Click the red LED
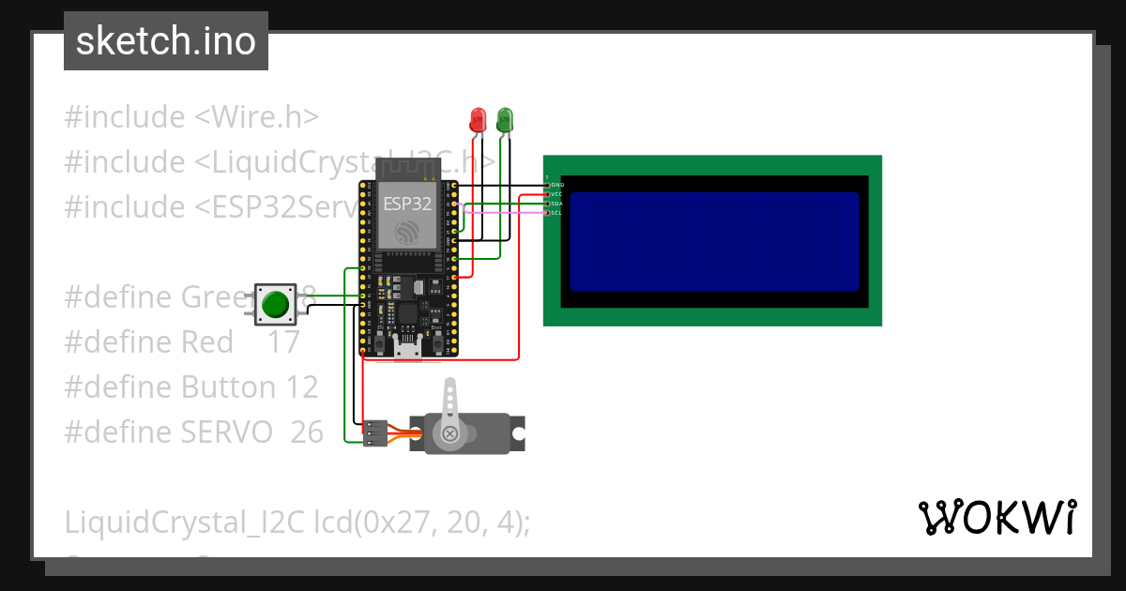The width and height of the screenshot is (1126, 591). (x=478, y=119)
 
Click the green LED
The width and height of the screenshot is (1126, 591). (x=505, y=118)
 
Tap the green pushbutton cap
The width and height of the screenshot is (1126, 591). (x=275, y=304)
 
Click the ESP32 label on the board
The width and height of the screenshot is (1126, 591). (x=407, y=203)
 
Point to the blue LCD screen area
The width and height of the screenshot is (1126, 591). (x=714, y=242)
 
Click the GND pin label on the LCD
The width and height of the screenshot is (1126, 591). (x=556, y=185)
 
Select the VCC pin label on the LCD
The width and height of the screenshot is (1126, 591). (x=556, y=194)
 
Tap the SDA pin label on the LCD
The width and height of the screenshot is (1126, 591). (x=556, y=204)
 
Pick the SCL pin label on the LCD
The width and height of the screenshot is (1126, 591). (x=556, y=213)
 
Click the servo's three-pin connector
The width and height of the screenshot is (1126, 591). (x=375, y=432)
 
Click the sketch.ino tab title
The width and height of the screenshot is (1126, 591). (x=166, y=41)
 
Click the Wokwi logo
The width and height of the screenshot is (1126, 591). (x=997, y=517)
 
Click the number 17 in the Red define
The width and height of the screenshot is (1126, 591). (x=283, y=342)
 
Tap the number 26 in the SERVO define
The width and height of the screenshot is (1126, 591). (x=307, y=432)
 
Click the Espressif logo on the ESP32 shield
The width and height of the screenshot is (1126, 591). (x=407, y=233)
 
